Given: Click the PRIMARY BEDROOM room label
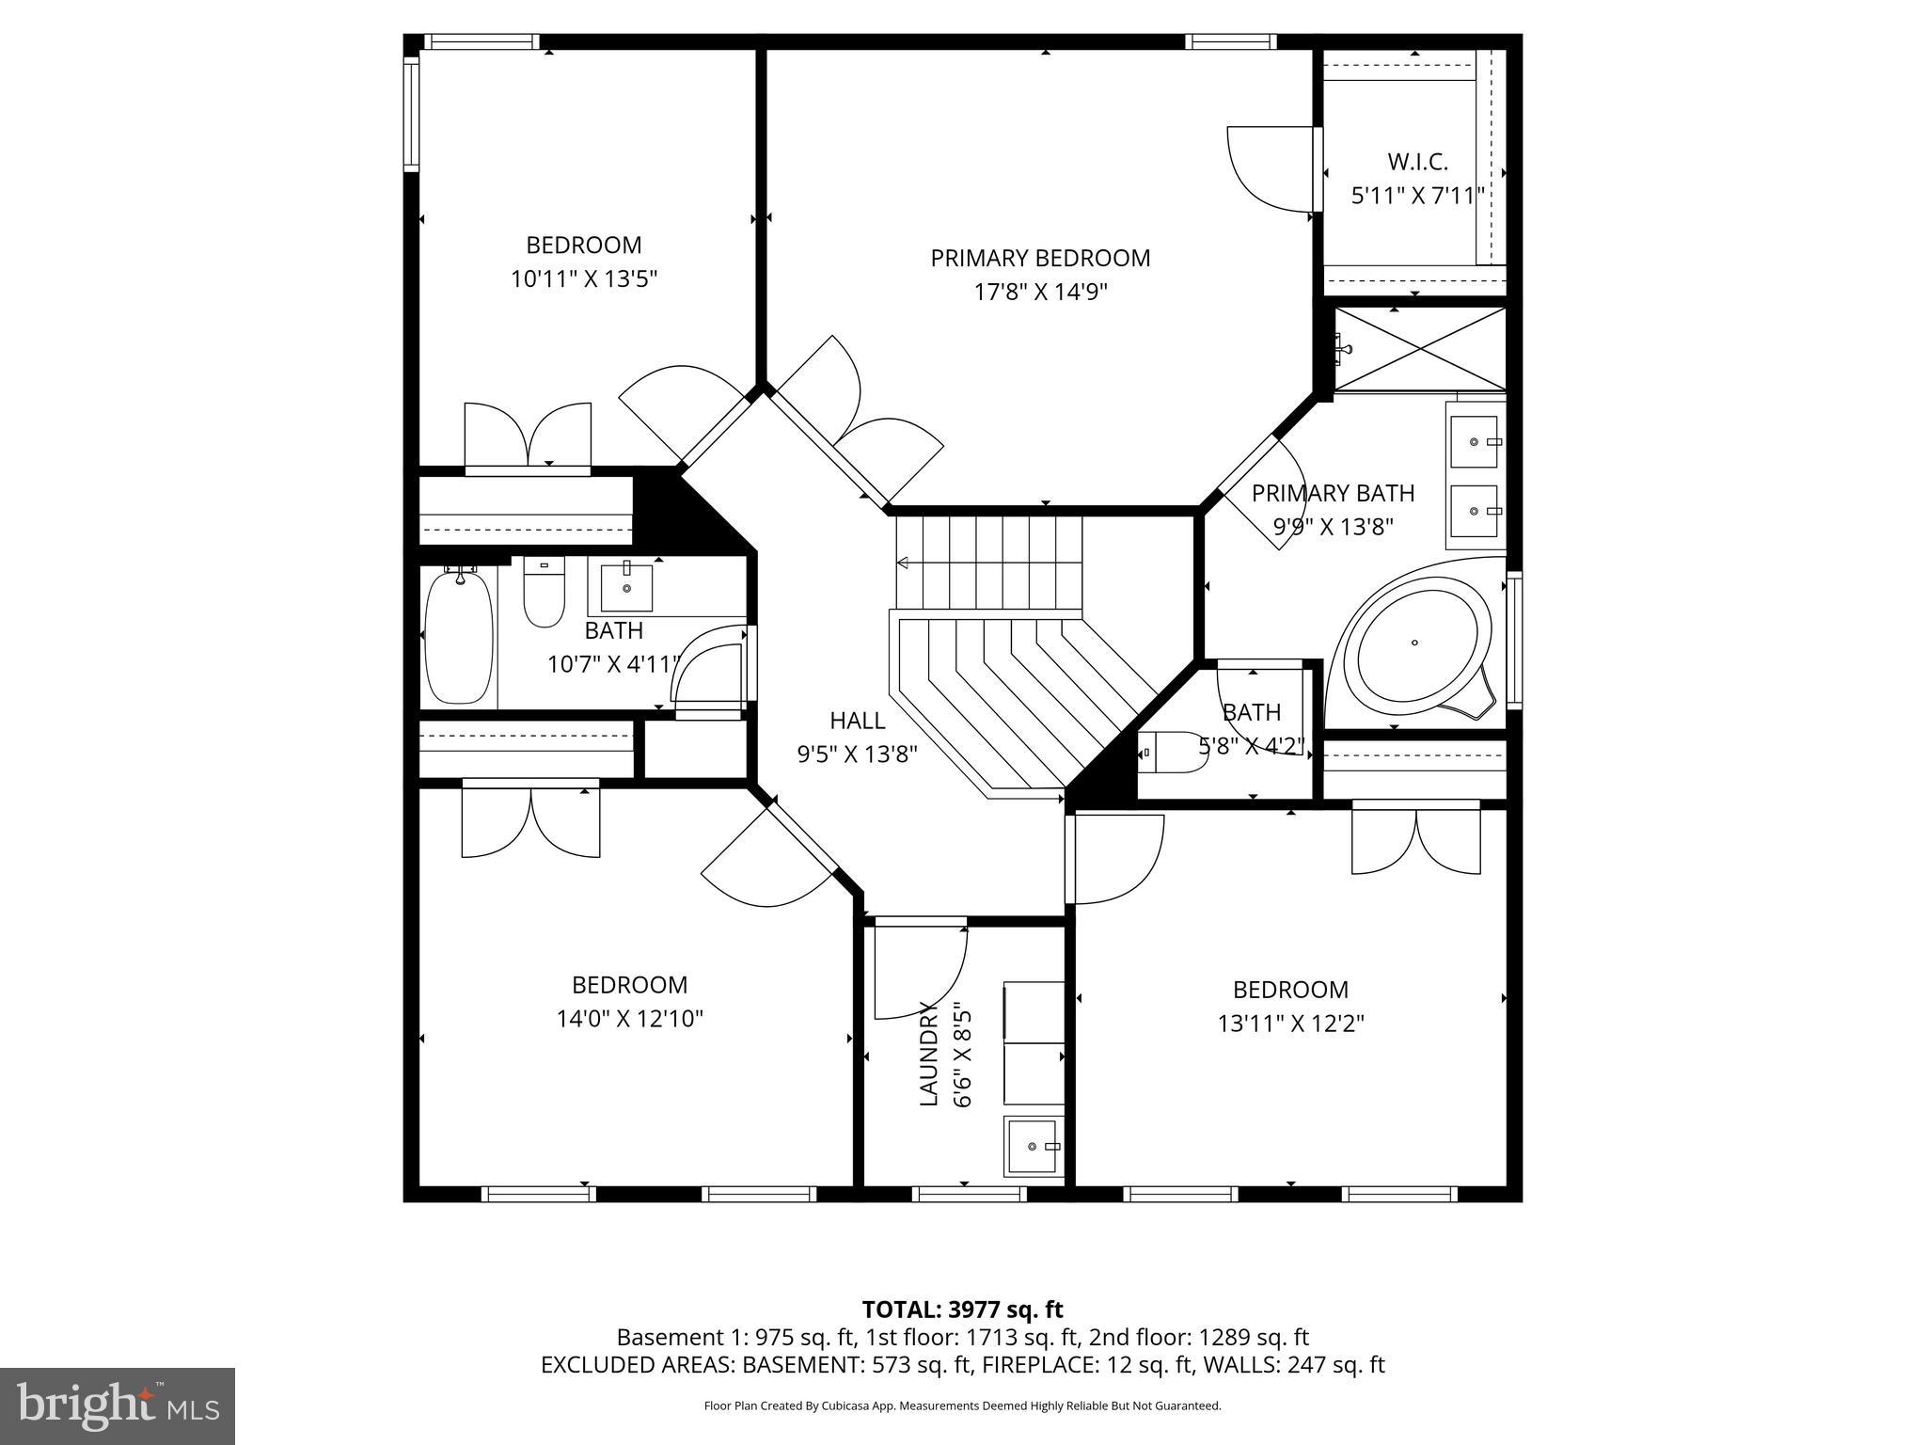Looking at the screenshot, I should click(x=1040, y=258).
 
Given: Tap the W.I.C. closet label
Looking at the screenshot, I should click(x=1417, y=162).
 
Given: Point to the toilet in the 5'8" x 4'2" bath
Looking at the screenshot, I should click(x=1176, y=753).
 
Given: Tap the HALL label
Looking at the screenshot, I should click(x=857, y=721).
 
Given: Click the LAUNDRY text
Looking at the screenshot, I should click(x=929, y=1054).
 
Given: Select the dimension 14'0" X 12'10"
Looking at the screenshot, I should click(x=630, y=1019).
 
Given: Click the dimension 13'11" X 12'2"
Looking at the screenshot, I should click(x=1290, y=1024).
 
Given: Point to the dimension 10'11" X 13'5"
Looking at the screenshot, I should click(x=583, y=279).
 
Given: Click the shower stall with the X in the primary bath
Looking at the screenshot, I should click(x=1420, y=348).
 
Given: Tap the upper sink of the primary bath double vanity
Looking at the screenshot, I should click(x=1474, y=441).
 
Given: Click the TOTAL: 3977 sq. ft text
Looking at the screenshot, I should click(x=962, y=1310).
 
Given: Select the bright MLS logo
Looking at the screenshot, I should click(x=118, y=1405).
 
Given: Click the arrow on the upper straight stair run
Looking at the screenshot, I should click(x=903, y=563).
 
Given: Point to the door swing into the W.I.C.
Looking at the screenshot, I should click(x=1270, y=169).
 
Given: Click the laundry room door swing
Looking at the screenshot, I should click(x=917, y=974).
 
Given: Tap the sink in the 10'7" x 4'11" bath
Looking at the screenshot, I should click(x=625, y=588).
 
